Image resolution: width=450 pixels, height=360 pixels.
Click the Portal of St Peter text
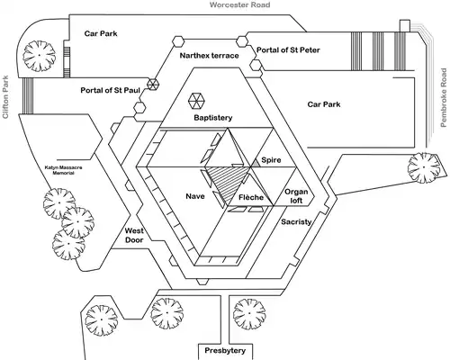point(287,49)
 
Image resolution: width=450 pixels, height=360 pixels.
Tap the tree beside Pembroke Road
point(420,166)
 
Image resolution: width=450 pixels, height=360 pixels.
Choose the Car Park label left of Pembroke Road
point(326,104)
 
